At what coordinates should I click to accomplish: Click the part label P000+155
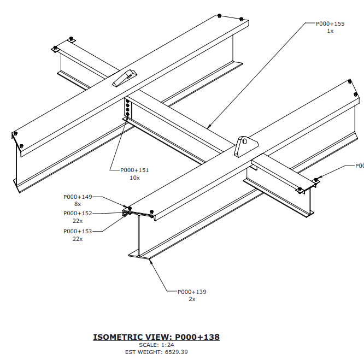(x=330, y=23)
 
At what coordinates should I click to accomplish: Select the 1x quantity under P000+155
(x=330, y=31)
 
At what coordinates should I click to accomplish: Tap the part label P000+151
(x=134, y=170)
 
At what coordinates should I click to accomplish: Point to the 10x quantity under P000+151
(x=134, y=178)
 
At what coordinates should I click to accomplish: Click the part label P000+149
(x=78, y=196)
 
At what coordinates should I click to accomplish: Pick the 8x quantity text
(x=78, y=204)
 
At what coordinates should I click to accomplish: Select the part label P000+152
(x=78, y=213)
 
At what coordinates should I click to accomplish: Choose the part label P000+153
(x=78, y=231)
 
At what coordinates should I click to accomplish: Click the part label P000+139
(x=192, y=292)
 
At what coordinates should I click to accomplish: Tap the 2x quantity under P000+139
(x=192, y=299)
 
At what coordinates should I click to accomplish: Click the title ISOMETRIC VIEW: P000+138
(x=156, y=337)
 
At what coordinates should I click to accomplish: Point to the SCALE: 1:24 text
(x=156, y=345)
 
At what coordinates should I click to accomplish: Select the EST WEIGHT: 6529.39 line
(x=156, y=352)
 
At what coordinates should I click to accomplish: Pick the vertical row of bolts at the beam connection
(x=128, y=108)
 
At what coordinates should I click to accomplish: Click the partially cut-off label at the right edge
(x=359, y=166)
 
